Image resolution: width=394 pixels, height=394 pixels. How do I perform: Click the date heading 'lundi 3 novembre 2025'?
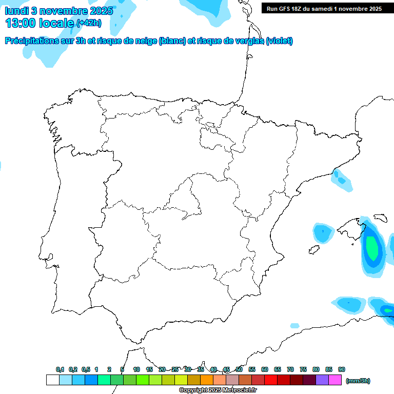coord(60,10)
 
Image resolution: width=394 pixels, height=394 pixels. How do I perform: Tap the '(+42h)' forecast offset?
coord(89,23)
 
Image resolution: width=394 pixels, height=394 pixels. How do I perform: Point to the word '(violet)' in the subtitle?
coord(279,41)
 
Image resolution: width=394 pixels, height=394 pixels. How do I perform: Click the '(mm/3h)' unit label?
coord(358,381)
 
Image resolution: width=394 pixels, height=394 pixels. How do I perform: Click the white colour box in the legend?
coord(52,380)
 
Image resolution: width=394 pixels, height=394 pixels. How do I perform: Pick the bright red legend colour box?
coord(271,380)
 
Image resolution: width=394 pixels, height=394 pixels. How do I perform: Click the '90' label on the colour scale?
coord(342,369)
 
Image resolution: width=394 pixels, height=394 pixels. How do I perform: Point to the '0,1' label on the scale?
coord(60,369)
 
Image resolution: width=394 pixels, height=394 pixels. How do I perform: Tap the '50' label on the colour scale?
coord(239,369)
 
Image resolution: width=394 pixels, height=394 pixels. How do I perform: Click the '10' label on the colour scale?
coord(136,369)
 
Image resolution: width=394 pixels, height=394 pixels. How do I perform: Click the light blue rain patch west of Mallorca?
coord(323,233)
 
